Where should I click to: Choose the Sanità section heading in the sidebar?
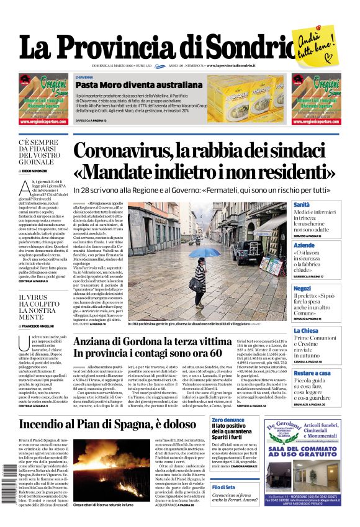[x=302, y=204]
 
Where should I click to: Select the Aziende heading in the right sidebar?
[x=304, y=246]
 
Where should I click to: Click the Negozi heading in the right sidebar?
[x=302, y=289]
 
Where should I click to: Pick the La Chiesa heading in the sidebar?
[x=305, y=331]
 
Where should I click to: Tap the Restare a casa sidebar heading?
[x=312, y=373]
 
